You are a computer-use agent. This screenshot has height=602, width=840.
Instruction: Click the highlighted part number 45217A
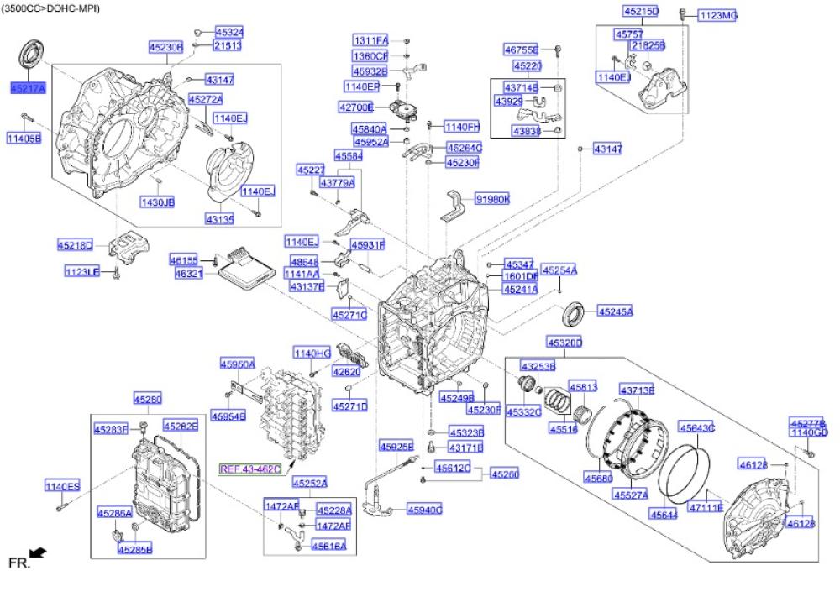tap(28, 87)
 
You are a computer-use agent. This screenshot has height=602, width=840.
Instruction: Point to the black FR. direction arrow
tap(38, 553)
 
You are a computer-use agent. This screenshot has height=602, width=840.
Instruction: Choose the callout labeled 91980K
tap(492, 199)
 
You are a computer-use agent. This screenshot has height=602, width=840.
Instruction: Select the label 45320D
tap(564, 343)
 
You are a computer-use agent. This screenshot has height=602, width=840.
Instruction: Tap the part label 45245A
tap(615, 311)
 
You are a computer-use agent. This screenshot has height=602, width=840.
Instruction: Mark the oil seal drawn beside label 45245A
tap(573, 310)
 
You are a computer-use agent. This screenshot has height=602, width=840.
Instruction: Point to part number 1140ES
tap(62, 486)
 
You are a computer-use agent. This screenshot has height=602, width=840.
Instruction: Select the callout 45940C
tap(424, 510)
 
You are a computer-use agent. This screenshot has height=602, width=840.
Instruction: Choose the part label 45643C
tap(696, 427)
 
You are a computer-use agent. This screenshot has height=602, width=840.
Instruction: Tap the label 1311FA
tap(370, 40)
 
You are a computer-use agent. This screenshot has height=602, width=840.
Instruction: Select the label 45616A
tap(328, 546)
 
